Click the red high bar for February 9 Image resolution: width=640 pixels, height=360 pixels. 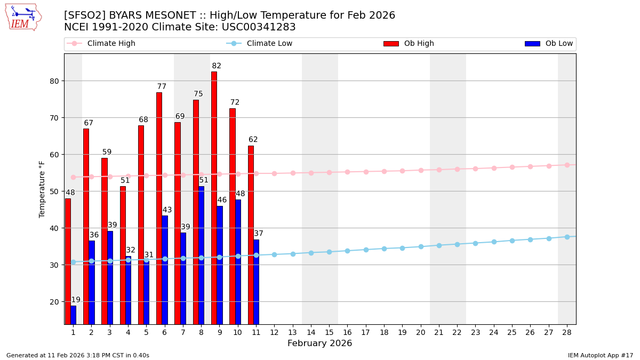point(214,197)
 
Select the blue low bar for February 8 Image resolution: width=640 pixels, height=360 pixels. point(201,255)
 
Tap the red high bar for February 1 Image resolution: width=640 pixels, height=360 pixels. point(68,261)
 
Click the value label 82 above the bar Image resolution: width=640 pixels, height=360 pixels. point(217,66)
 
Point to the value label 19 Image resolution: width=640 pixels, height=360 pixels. point(76,300)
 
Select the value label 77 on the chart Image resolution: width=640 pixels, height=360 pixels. point(162,87)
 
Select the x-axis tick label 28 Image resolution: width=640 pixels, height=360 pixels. point(567,332)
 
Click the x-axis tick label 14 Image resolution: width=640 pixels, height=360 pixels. point(311,332)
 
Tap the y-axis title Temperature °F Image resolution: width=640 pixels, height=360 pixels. point(42,189)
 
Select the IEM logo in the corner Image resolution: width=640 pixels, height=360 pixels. point(23,17)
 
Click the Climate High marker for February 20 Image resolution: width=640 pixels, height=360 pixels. point(421,170)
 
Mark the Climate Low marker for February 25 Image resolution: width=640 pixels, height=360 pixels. point(512,241)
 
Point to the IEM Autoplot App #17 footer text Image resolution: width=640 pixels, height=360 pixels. point(600,355)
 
